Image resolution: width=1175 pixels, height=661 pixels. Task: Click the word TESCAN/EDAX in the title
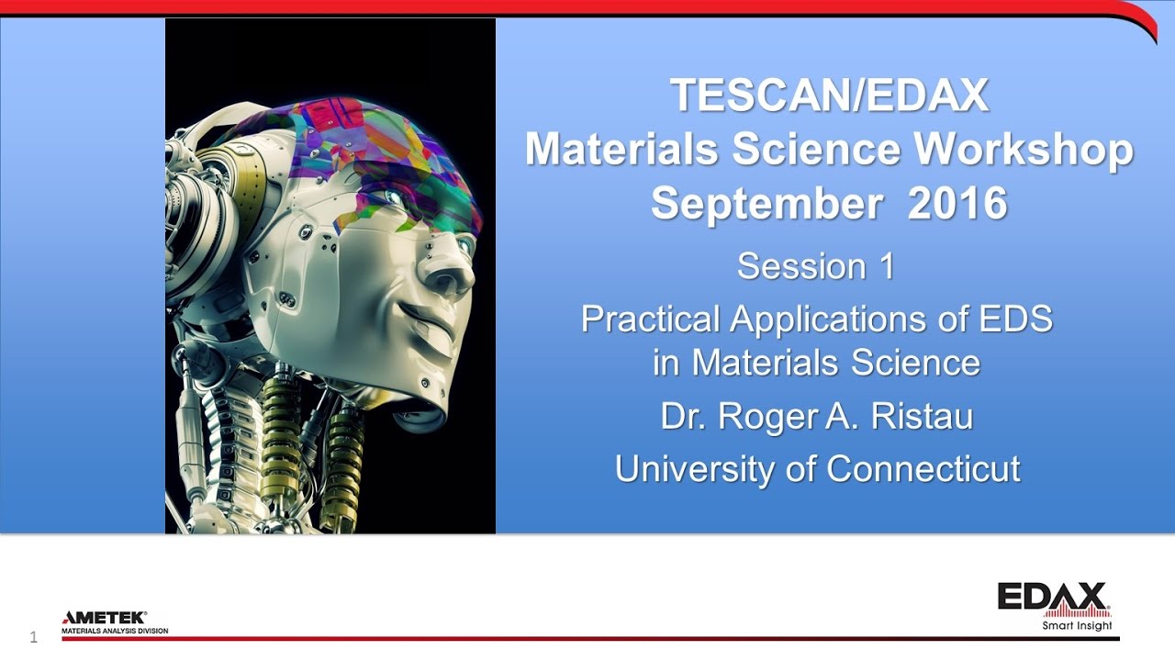click(x=829, y=95)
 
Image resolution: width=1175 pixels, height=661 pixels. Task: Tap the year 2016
click(x=957, y=204)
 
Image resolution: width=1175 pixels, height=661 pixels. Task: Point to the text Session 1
click(x=815, y=266)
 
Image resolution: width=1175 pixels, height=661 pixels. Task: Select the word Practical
click(x=651, y=319)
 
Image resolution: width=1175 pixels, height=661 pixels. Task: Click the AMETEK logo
click(x=104, y=618)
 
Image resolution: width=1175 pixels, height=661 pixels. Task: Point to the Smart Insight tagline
click(x=1077, y=626)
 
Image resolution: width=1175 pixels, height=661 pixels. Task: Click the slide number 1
click(x=34, y=637)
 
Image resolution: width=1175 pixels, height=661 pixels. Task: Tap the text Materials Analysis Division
click(x=115, y=632)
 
